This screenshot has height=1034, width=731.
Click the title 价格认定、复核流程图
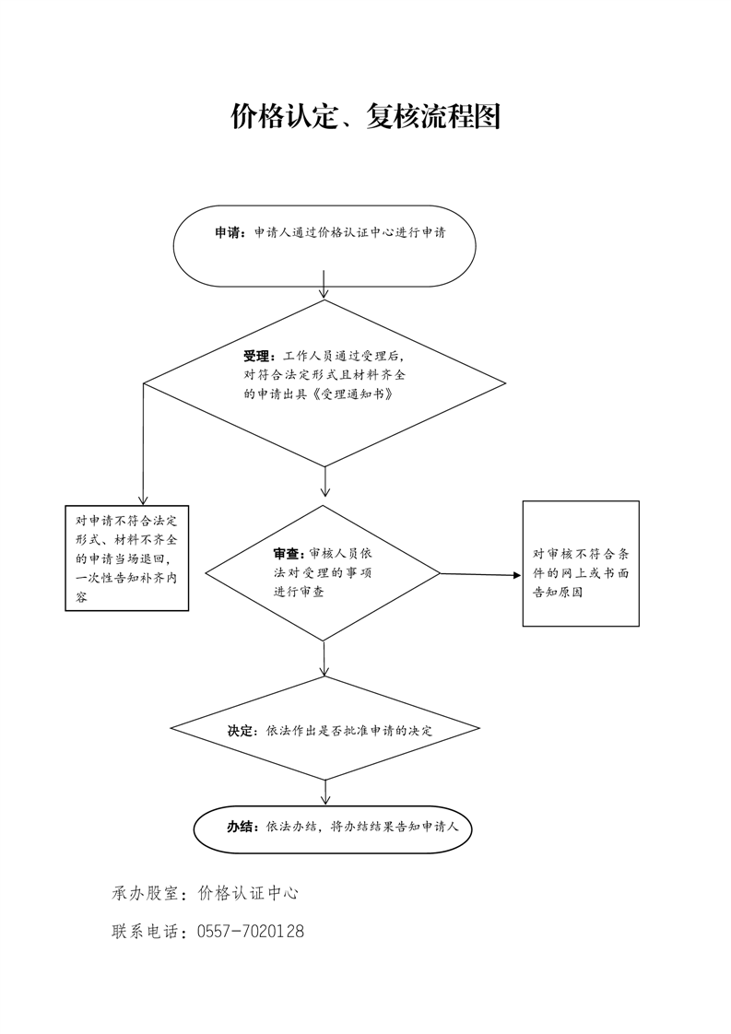pos(365,116)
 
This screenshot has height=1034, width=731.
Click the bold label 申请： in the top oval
pos(230,233)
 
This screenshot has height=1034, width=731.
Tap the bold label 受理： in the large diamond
pos(260,357)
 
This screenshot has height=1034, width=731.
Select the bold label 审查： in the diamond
pos(290,554)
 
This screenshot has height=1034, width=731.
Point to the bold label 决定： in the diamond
pos(243,731)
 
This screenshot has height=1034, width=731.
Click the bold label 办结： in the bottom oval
pos(243,827)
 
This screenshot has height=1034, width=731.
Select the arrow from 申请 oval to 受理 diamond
pos(324,284)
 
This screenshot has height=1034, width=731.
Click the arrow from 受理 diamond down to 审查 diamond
pos(324,481)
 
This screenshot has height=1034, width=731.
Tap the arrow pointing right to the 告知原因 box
pos(480,574)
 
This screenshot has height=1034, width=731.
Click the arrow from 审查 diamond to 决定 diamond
pos(324,659)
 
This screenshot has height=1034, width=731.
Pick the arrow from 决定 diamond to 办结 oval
pos(325,793)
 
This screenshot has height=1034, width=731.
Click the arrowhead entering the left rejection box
pos(143,500)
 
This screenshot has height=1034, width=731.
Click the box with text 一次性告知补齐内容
pos(126,558)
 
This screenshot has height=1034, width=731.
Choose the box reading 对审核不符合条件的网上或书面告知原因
pos(582,564)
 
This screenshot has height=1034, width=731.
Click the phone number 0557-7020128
pos(251,932)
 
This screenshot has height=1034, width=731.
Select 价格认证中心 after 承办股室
pos(248,894)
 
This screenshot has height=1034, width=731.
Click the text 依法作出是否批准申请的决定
pos(349,731)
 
